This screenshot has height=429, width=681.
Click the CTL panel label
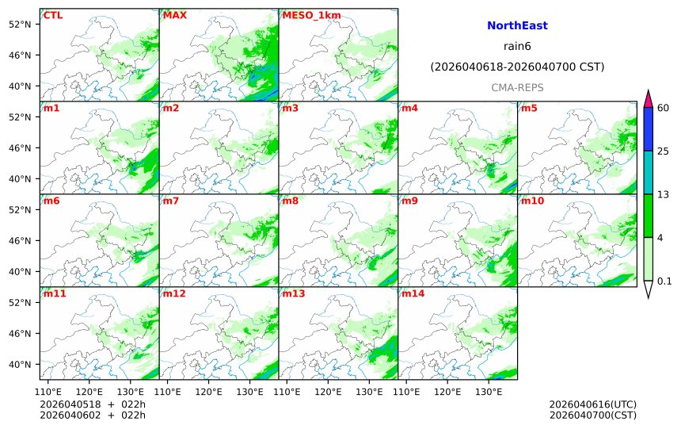(x=52, y=15)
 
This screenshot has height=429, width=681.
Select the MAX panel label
(x=173, y=15)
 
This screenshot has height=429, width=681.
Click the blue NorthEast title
(x=517, y=26)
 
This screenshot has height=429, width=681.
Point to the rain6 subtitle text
(x=517, y=47)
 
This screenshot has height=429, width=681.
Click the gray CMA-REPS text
(x=517, y=87)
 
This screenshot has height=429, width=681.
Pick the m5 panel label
(x=528, y=108)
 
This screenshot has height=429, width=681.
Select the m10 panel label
(x=531, y=201)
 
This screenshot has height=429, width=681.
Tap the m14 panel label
(x=412, y=293)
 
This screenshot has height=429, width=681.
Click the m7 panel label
(x=171, y=201)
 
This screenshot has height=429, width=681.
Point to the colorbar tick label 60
(x=664, y=108)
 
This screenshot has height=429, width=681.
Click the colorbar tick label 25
(x=664, y=151)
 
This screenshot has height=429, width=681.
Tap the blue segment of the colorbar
(x=648, y=129)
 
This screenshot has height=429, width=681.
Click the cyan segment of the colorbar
(x=648, y=173)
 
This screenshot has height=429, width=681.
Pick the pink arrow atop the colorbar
(x=648, y=99)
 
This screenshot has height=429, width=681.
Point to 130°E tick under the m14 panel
(x=488, y=391)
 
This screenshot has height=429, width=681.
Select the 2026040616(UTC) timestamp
(x=592, y=404)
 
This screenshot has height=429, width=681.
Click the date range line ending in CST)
(x=517, y=67)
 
